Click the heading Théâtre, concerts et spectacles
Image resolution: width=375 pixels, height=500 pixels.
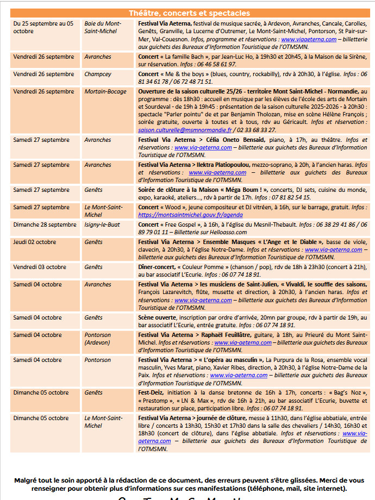(189, 13)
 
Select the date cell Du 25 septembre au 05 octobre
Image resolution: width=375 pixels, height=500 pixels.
(43, 27)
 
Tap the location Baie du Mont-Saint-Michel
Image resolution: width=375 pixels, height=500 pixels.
(103, 27)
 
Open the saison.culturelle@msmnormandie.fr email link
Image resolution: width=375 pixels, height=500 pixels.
(185, 130)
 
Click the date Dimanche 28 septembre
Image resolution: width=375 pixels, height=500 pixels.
(45, 224)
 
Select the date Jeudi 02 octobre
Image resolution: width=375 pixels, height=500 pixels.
(34, 242)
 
